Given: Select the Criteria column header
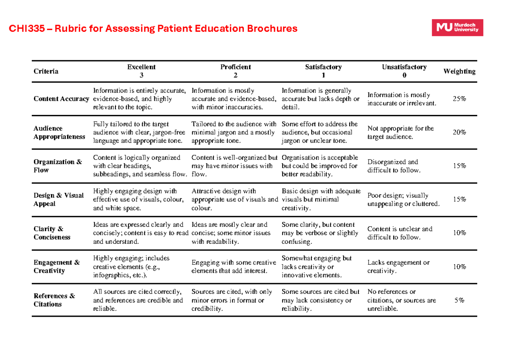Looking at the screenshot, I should point(46,71).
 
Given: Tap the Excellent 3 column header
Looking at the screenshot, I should point(141,71).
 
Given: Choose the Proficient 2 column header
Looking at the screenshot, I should point(235,71).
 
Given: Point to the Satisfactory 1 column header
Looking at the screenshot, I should point(323,71).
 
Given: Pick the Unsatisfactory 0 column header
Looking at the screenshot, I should point(404,71).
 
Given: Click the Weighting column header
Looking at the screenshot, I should point(459,71).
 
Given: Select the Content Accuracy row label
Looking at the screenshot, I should point(62,99).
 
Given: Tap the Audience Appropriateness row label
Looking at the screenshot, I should point(59,132).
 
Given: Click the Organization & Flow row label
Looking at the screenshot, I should point(58,166).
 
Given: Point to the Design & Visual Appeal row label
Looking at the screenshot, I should point(59,199).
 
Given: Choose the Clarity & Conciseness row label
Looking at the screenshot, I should point(52,233).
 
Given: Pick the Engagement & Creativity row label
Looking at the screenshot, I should point(56,266).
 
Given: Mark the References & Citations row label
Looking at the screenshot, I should point(54,300).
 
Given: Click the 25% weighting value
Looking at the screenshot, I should point(459,99).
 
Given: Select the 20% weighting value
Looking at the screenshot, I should point(459,132).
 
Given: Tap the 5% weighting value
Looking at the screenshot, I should point(459,300).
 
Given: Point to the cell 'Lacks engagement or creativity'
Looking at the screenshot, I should point(398,266).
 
